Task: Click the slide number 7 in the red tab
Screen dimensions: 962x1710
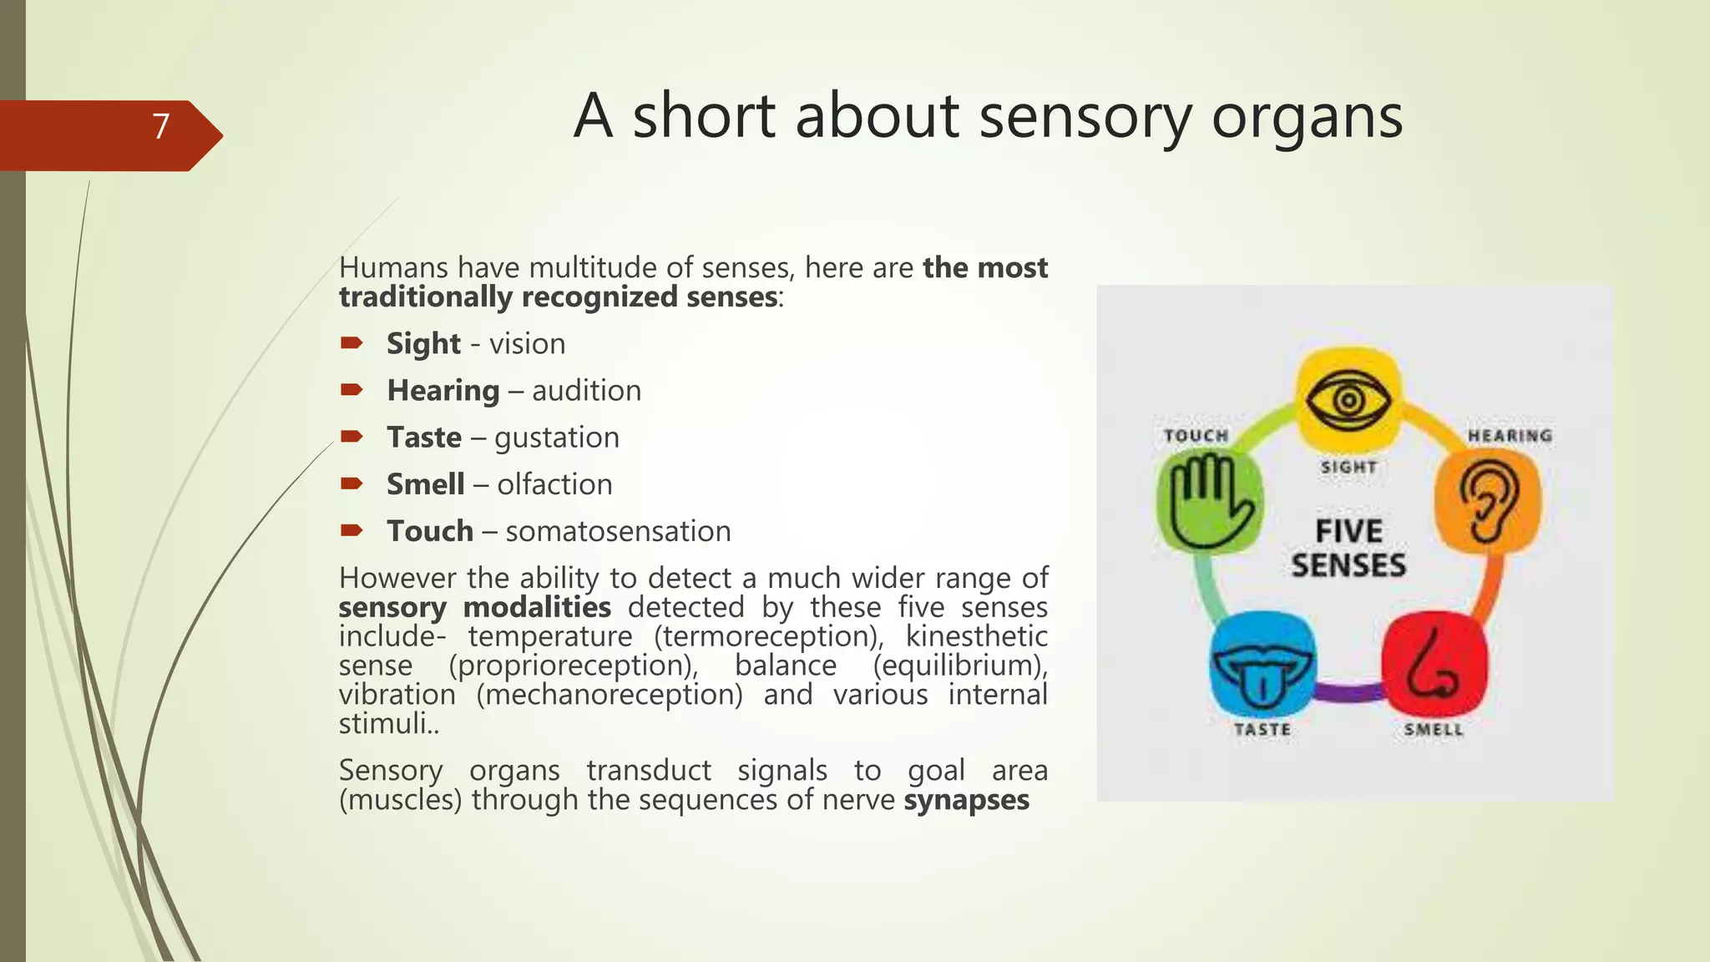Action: [x=161, y=127]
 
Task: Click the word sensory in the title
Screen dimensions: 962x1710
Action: [x=1085, y=117]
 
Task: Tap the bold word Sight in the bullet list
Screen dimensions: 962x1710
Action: [x=423, y=344]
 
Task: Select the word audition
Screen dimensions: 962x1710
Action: [x=586, y=391]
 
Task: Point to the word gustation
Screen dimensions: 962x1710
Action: [x=556, y=438]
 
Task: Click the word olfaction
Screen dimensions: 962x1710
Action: [x=554, y=484]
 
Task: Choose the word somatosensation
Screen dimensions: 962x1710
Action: [x=618, y=531]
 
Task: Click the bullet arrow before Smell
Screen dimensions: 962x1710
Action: [x=352, y=484]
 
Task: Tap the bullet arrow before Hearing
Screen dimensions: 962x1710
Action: [x=352, y=390]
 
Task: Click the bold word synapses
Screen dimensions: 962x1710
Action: [x=966, y=800]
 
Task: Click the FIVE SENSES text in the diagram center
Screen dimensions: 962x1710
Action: [x=1348, y=548]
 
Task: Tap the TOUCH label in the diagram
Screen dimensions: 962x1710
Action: [x=1196, y=436]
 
